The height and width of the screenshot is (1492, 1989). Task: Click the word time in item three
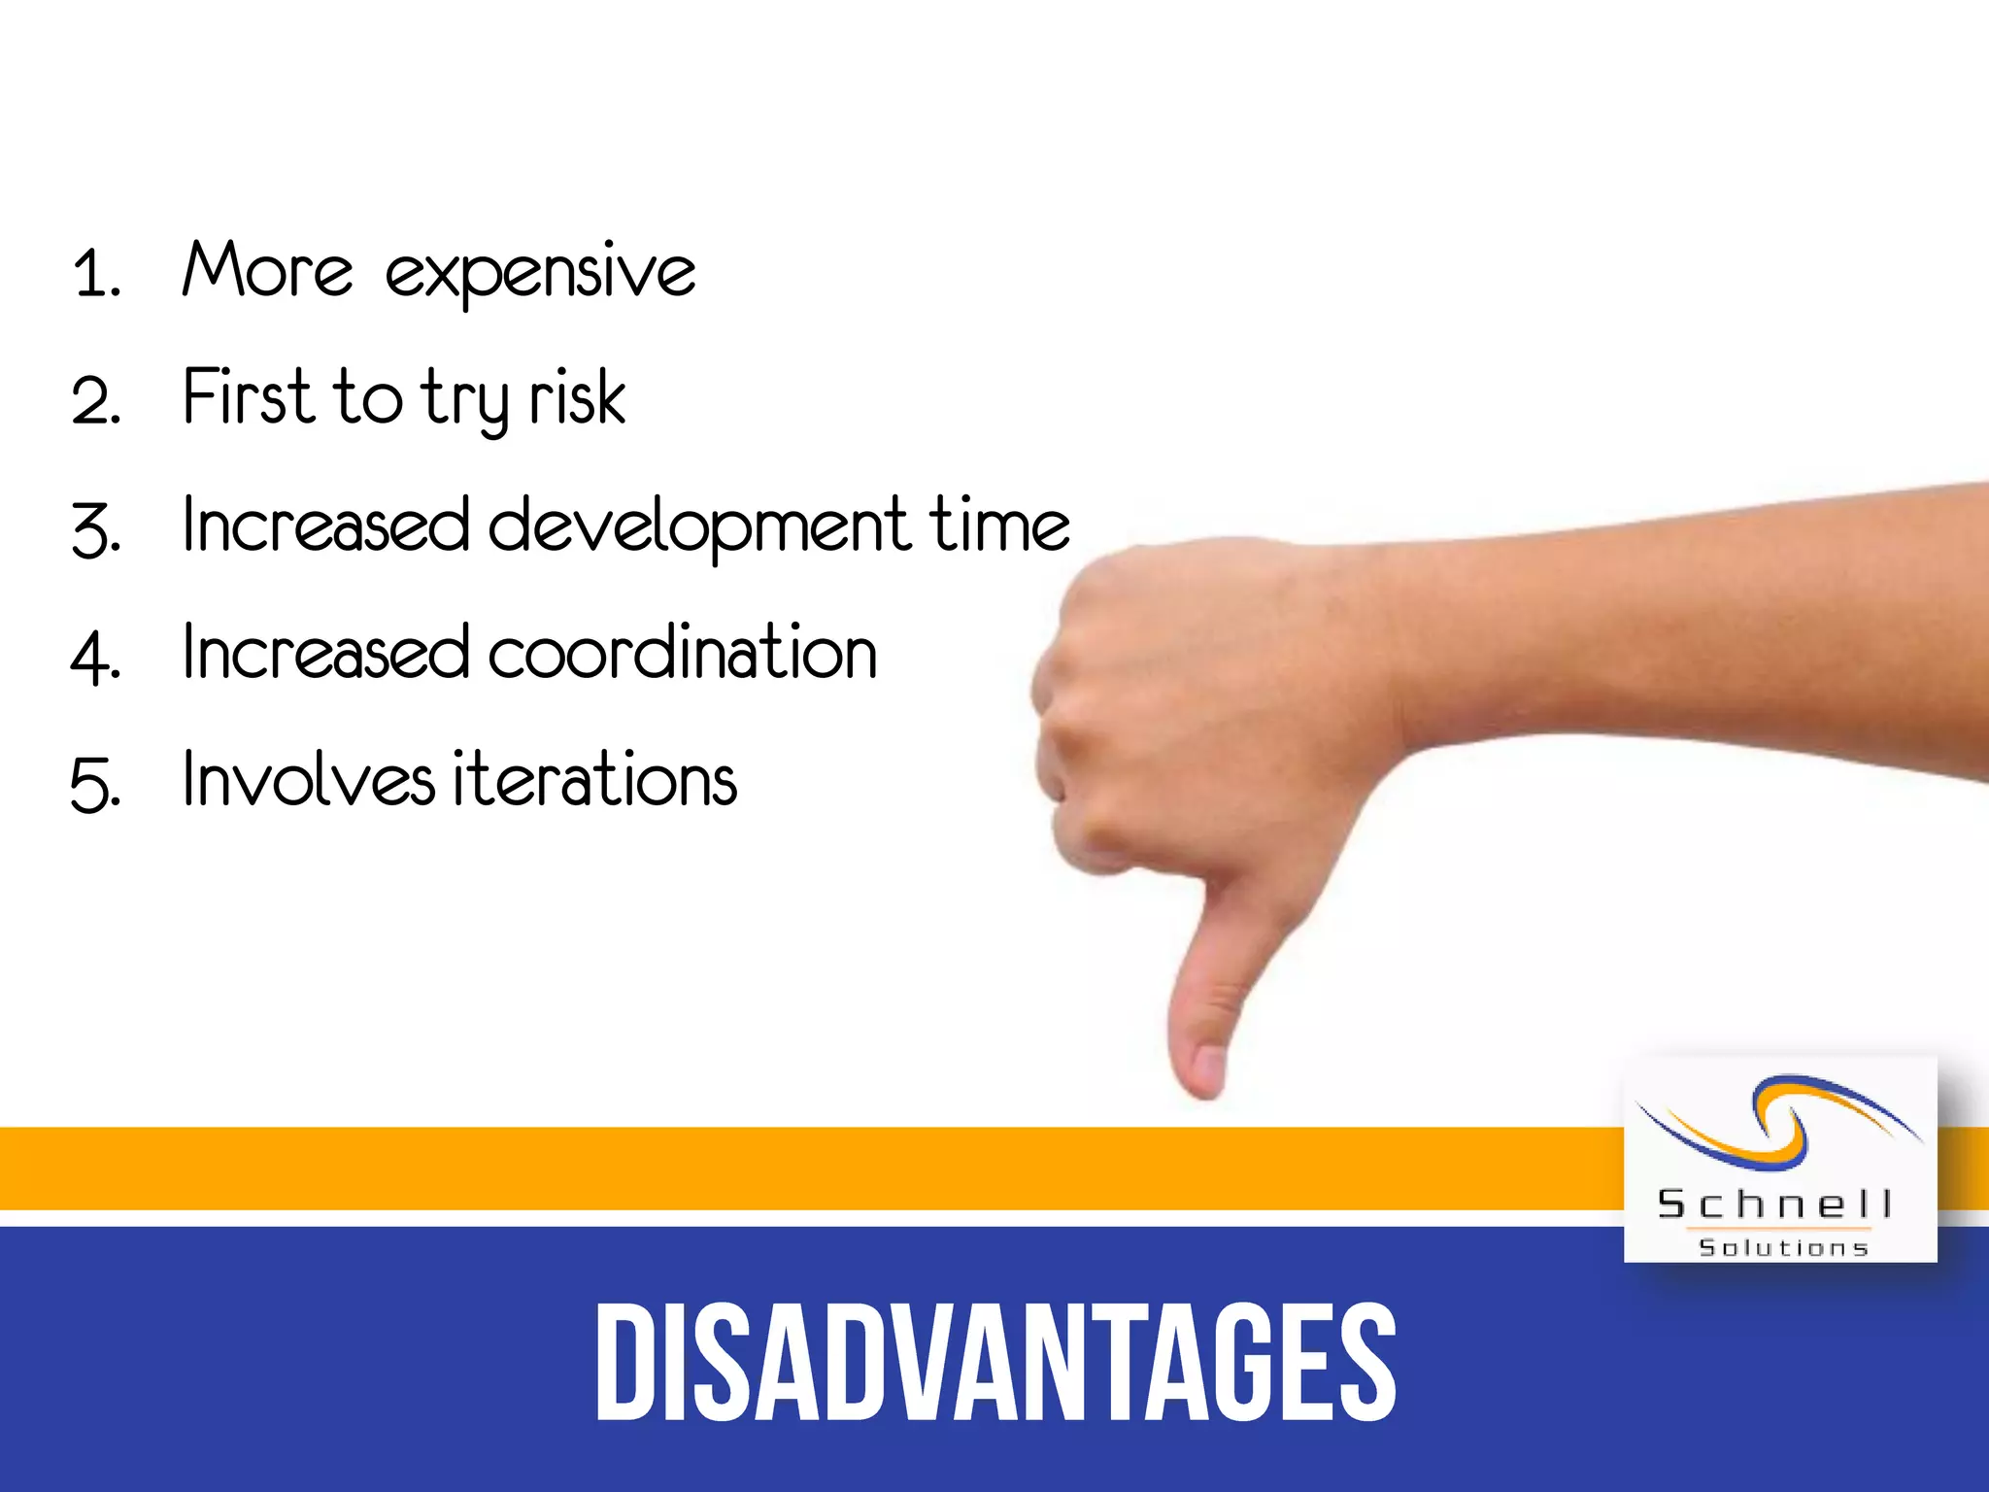999,525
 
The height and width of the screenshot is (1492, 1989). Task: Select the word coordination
683,652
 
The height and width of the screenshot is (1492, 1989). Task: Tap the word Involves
309,780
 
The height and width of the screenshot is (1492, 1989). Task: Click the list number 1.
94,274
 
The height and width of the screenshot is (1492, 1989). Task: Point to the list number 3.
94,530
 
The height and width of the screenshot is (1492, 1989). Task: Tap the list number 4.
94,658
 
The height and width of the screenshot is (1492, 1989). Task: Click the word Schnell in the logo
1774,1204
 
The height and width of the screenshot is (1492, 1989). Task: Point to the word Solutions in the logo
1783,1248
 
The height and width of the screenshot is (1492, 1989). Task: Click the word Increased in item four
325,652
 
